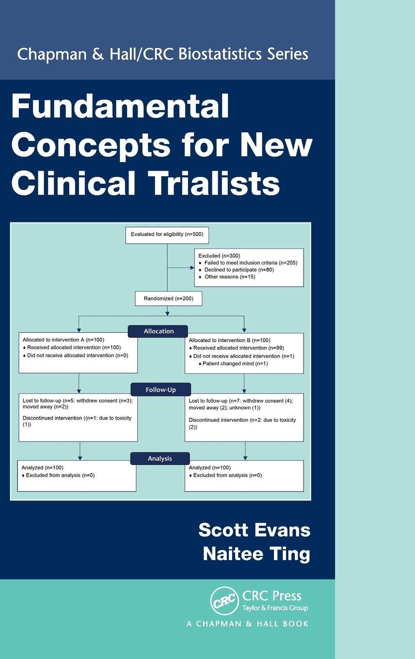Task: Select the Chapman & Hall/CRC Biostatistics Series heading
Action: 162,53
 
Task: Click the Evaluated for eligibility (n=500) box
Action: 167,235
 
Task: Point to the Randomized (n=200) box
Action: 168,298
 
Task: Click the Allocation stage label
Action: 158,331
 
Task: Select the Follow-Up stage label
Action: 160,390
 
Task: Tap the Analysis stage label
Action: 160,458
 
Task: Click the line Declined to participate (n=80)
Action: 239,269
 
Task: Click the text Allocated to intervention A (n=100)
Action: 64,340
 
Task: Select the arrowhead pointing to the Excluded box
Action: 191,267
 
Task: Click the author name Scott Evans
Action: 254,530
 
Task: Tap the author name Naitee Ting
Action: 256,554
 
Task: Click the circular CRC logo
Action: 224,601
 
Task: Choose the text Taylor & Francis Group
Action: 275,608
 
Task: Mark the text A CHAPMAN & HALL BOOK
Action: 247,624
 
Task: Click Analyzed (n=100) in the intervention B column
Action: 210,468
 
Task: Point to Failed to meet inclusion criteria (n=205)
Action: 251,263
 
